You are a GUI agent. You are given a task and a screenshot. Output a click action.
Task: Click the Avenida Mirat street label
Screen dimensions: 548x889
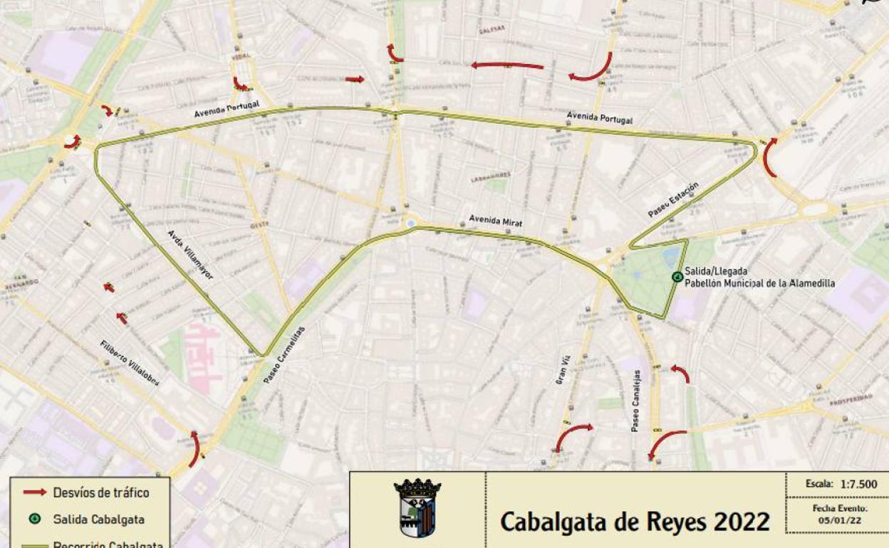(x=495, y=221)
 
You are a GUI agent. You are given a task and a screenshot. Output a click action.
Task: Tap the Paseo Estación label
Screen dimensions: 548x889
(x=673, y=200)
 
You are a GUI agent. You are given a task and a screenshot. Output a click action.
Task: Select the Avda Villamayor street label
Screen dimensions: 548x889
(x=190, y=254)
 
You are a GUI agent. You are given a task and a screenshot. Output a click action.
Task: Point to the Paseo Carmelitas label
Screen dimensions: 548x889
(x=284, y=355)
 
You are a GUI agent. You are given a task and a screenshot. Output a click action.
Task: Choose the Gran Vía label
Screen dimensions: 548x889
(x=563, y=371)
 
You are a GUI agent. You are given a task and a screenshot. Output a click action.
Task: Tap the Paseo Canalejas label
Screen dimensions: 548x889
(x=636, y=401)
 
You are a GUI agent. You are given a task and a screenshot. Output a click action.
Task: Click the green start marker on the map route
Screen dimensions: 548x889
(x=677, y=277)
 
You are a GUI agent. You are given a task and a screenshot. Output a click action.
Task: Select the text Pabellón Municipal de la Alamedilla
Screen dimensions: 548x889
(x=759, y=283)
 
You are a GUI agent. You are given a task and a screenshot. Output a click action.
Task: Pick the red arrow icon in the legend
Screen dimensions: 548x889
(x=34, y=492)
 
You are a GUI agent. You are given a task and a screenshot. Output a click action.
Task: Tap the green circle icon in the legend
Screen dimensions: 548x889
(x=34, y=520)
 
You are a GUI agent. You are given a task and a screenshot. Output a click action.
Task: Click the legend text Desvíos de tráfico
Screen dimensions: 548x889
(x=101, y=492)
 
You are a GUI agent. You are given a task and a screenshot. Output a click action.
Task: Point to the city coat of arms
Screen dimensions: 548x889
(x=417, y=507)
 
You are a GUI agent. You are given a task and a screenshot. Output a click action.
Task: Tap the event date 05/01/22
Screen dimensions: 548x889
(x=839, y=521)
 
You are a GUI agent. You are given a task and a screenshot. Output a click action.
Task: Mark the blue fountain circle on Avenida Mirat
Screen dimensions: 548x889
(x=410, y=223)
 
